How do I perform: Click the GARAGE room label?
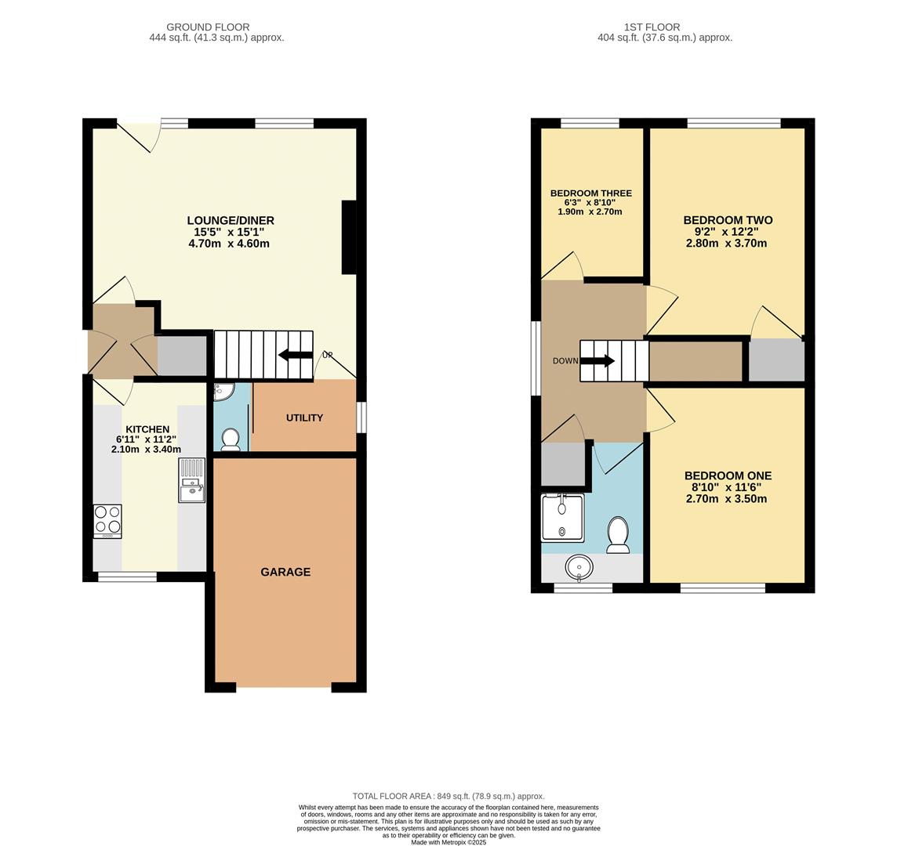point(285,572)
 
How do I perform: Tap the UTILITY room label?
point(304,418)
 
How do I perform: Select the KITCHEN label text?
point(147,429)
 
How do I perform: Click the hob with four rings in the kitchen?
point(107,521)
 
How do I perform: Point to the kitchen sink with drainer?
point(191,480)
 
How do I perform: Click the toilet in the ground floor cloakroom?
point(231,439)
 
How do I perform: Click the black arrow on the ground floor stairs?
point(295,355)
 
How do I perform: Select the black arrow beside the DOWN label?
point(597,361)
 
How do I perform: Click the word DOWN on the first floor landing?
point(565,361)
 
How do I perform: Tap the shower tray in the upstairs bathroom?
point(562,518)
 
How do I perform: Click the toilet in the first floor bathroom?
point(618,534)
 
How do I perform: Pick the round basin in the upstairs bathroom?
point(579,566)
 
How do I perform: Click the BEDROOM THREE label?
point(590,193)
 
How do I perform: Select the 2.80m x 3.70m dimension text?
point(726,244)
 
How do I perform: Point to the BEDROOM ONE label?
point(728,475)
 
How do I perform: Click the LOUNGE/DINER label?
point(231,220)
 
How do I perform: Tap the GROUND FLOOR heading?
point(208,27)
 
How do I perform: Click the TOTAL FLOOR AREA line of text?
point(448,796)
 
